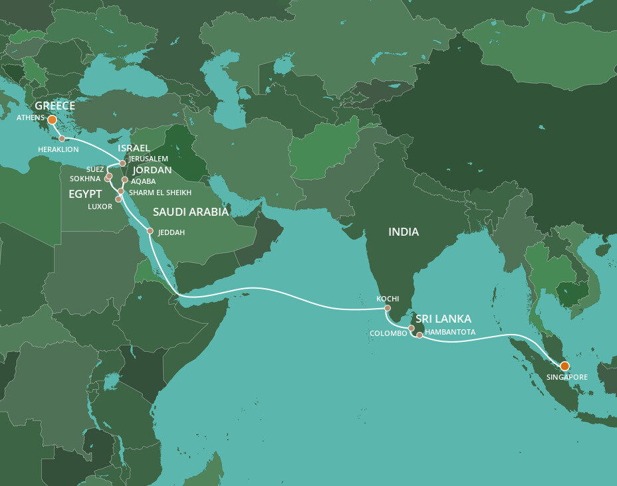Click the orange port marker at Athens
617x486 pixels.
pos(52,120)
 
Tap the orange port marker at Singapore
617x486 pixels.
pos(564,366)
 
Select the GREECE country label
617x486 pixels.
pos(55,106)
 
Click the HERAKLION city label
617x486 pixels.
pos(58,150)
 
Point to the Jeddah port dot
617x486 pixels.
pos(150,231)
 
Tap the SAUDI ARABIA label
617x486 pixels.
pos(191,212)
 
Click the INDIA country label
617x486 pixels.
pos(404,232)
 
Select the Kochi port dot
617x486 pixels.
pos(388,308)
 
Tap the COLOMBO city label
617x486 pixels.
pos(390,333)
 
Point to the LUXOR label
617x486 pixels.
pos(100,206)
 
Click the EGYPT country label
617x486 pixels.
pos(85,195)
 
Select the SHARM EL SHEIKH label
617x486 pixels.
pos(160,193)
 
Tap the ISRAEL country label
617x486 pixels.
pos(134,148)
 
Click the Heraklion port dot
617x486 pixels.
pos(62,139)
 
